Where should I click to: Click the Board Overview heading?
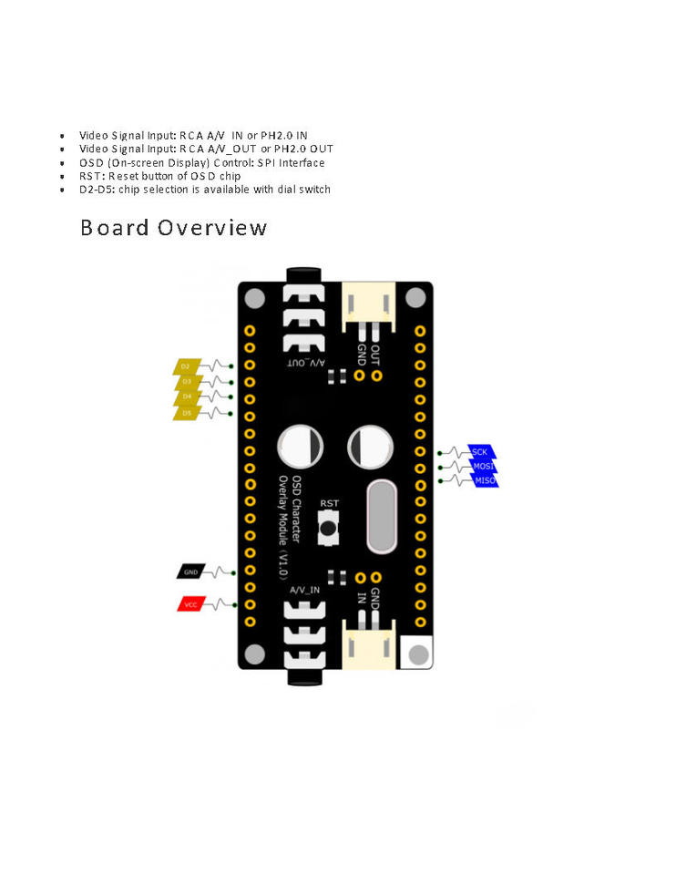click(x=173, y=227)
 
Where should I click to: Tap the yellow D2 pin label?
click(x=186, y=366)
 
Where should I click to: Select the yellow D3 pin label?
click(x=186, y=382)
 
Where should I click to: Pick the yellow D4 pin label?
click(x=186, y=397)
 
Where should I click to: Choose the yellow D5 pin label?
click(x=186, y=413)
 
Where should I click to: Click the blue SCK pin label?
click(x=480, y=452)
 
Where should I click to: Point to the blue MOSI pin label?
click(x=482, y=466)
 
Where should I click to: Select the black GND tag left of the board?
click(x=190, y=572)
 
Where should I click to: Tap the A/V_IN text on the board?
click(x=305, y=591)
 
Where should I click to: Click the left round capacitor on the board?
click(x=300, y=448)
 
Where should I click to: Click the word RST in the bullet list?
click(x=90, y=176)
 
